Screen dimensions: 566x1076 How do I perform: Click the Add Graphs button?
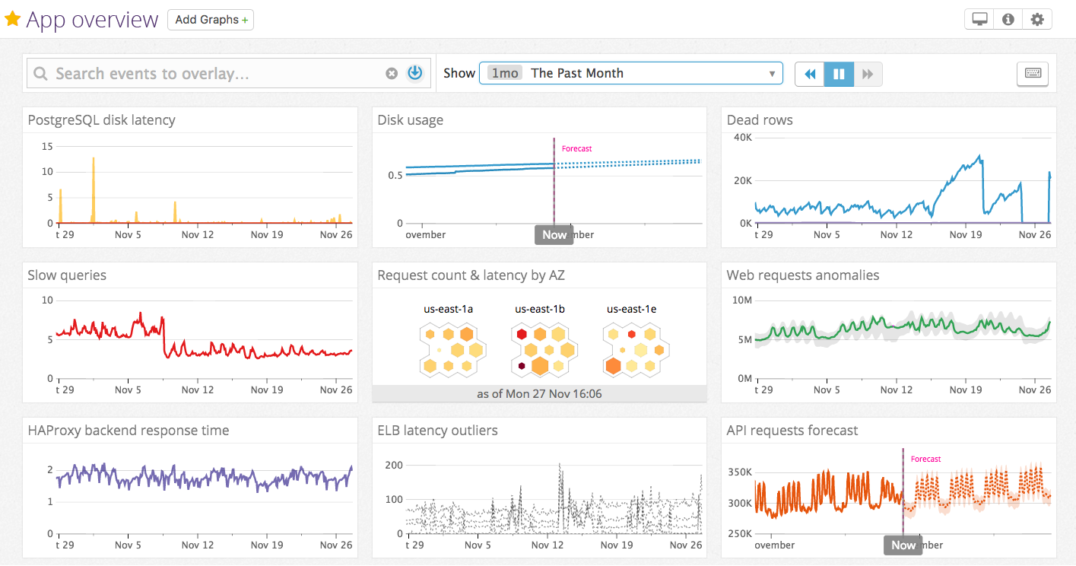point(211,20)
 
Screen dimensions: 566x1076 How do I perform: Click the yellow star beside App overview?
point(12,19)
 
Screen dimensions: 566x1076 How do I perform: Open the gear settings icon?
point(1037,20)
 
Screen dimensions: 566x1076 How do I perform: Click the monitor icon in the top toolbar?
point(979,20)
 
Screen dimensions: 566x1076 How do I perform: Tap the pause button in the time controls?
point(839,74)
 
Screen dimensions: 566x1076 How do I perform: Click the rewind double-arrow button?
point(810,74)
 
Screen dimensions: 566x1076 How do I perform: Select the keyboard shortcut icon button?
point(1033,74)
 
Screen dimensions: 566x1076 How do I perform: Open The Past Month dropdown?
point(630,73)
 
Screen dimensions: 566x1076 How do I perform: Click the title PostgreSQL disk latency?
point(101,120)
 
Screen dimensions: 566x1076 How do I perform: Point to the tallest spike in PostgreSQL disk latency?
point(93,159)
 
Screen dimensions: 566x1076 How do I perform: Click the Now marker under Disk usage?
point(554,234)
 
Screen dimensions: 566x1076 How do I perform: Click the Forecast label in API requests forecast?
point(925,459)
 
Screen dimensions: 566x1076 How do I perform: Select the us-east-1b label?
point(540,309)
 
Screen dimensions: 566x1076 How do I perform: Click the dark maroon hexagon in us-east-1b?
point(522,367)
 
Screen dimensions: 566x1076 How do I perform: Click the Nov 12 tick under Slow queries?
point(197,390)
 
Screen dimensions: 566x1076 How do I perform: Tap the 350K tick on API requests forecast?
point(740,472)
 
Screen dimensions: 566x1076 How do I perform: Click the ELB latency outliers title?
point(437,431)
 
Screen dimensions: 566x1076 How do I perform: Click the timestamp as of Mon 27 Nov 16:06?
point(539,393)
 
